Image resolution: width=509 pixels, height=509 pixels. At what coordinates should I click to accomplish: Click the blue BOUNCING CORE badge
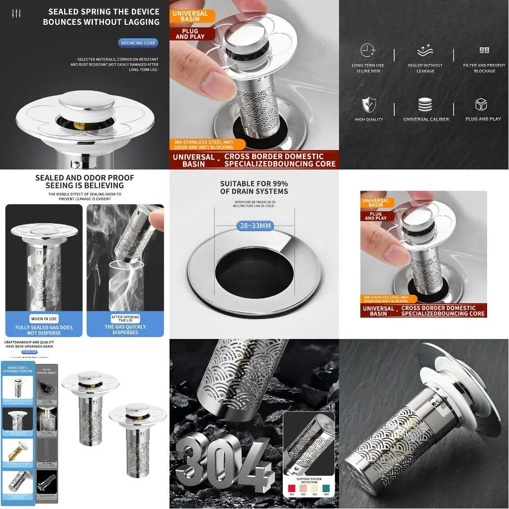point(138,43)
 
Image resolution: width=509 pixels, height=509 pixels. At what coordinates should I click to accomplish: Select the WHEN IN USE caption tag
point(44,319)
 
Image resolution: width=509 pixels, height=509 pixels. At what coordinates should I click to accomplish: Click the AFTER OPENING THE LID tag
point(125,319)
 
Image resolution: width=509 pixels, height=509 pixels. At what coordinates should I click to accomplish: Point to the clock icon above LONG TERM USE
point(368,50)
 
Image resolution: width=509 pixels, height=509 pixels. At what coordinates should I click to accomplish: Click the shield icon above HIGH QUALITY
point(368,105)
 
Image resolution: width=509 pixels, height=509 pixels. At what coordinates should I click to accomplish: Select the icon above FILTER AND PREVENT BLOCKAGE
point(484,50)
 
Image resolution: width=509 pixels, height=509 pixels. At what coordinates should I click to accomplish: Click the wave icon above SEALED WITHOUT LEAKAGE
point(425,50)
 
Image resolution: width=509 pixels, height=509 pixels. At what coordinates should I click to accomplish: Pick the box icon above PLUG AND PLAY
point(481,105)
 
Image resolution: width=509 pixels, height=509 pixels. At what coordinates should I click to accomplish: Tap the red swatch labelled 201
point(292,488)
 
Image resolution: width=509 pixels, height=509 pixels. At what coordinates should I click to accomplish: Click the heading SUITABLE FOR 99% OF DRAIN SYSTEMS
point(254,187)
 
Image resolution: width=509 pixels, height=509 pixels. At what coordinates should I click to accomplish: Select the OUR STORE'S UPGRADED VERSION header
point(17,369)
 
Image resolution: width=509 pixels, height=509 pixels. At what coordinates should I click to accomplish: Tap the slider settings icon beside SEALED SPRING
point(17,13)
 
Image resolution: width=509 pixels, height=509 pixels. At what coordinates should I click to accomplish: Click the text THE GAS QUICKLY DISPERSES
point(125,330)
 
